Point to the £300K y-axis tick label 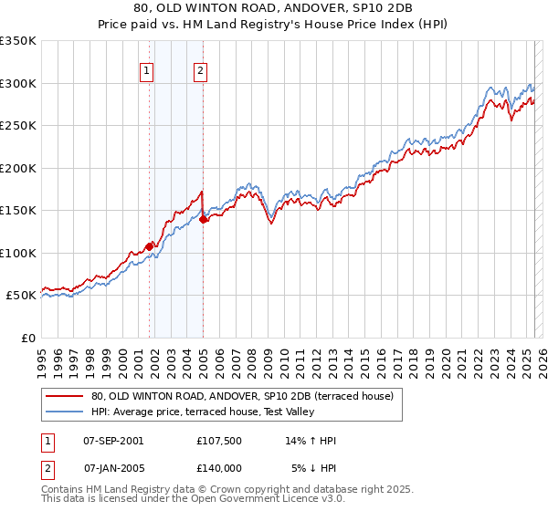click(18, 83)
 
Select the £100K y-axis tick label click(18, 253)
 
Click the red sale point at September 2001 click(149, 245)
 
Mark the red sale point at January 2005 click(203, 219)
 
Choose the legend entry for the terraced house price click(242, 396)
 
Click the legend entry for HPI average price click(203, 412)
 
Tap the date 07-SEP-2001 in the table click(113, 441)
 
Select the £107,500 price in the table click(219, 441)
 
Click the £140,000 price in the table click(219, 467)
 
